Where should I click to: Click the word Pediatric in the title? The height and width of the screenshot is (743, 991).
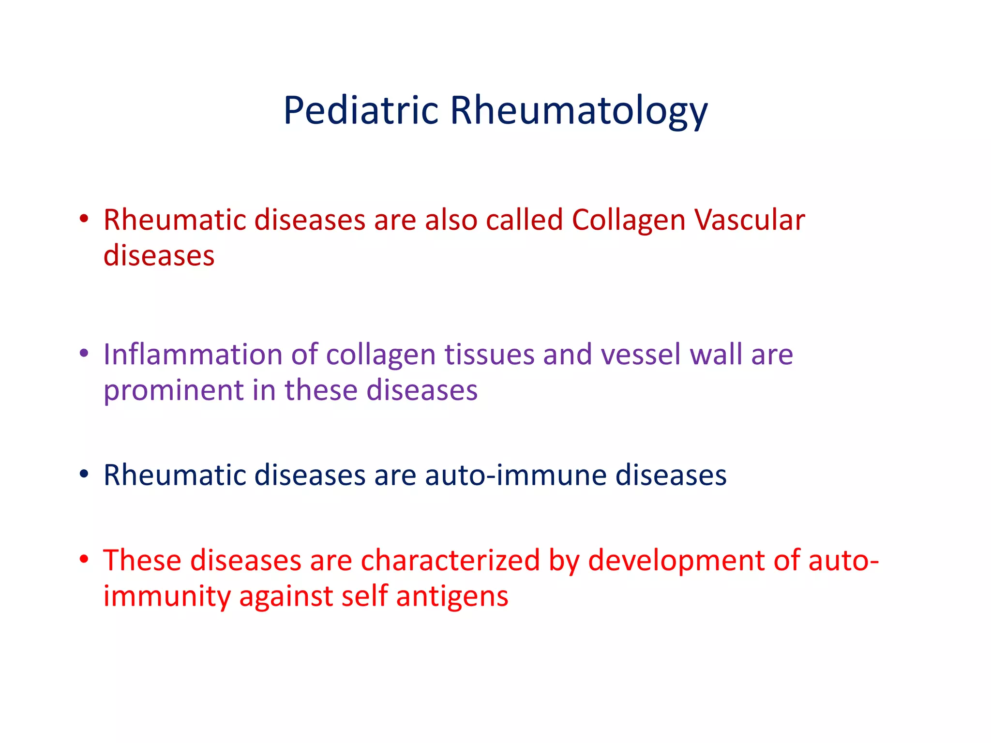[360, 111]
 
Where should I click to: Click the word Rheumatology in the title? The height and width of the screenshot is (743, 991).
[579, 111]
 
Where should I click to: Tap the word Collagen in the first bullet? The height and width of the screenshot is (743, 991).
[629, 220]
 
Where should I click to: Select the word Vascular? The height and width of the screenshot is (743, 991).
[750, 220]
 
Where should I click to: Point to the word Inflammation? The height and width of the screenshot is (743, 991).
[193, 355]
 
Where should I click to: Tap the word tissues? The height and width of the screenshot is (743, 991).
[489, 355]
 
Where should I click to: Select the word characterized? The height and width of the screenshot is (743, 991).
[450, 561]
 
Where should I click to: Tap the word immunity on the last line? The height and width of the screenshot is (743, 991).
[167, 596]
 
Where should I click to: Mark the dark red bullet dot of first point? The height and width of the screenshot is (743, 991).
[84, 220]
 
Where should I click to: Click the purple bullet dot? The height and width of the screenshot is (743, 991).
[84, 354]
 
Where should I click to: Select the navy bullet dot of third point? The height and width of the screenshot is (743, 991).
[84, 475]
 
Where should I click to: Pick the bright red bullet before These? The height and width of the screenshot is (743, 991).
[84, 560]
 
